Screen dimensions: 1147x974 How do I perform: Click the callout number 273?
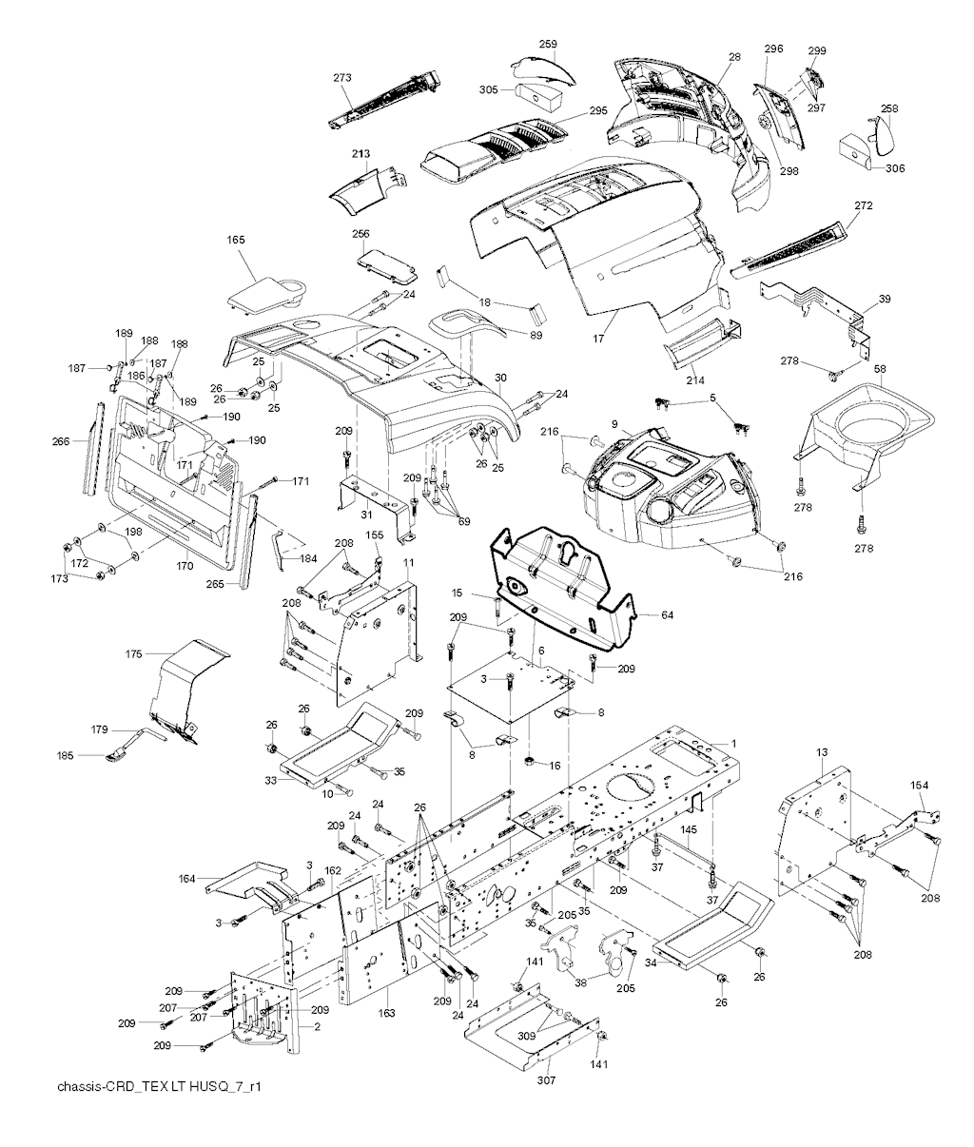pyautogui.click(x=342, y=77)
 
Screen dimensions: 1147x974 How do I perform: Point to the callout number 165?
pyautogui.click(x=236, y=242)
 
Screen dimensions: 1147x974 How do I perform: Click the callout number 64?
pyautogui.click(x=667, y=616)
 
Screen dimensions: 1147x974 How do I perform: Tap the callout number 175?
pyautogui.click(x=134, y=654)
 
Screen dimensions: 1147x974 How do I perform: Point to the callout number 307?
pyautogui.click(x=520, y=1080)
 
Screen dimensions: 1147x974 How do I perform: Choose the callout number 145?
pyautogui.click(x=689, y=830)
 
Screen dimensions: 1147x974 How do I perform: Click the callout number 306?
pyautogui.click(x=895, y=168)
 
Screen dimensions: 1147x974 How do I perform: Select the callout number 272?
pyautogui.click(x=864, y=205)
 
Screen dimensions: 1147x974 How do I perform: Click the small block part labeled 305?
pyautogui.click(x=540, y=99)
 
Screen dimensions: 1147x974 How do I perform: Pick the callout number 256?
pyautogui.click(x=361, y=233)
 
